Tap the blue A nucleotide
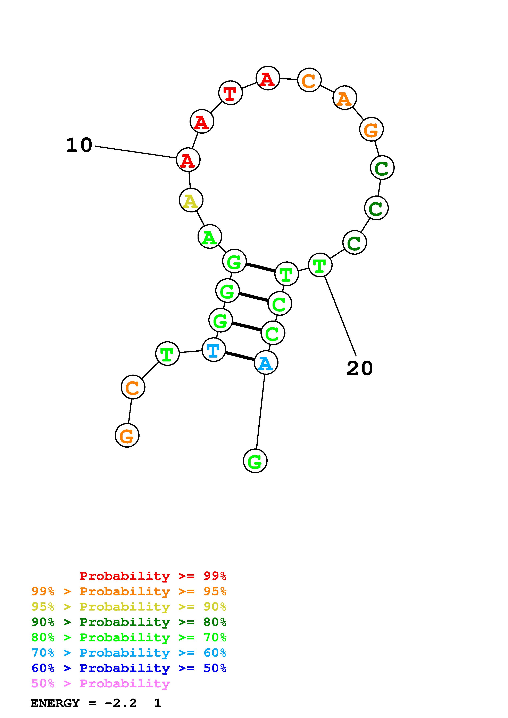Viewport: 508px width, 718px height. point(266,363)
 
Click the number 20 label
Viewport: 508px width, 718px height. point(360,368)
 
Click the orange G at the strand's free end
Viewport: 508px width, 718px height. point(127,435)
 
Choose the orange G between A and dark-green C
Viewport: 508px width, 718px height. point(372,130)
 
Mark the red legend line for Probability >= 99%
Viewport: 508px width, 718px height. point(153,576)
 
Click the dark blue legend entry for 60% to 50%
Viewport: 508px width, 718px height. point(129,668)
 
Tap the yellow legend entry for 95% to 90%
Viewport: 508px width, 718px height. point(129,607)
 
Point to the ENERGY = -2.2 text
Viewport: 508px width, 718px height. point(84,703)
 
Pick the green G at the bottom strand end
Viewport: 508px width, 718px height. point(255,461)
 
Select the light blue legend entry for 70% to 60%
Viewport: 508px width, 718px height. point(129,653)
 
